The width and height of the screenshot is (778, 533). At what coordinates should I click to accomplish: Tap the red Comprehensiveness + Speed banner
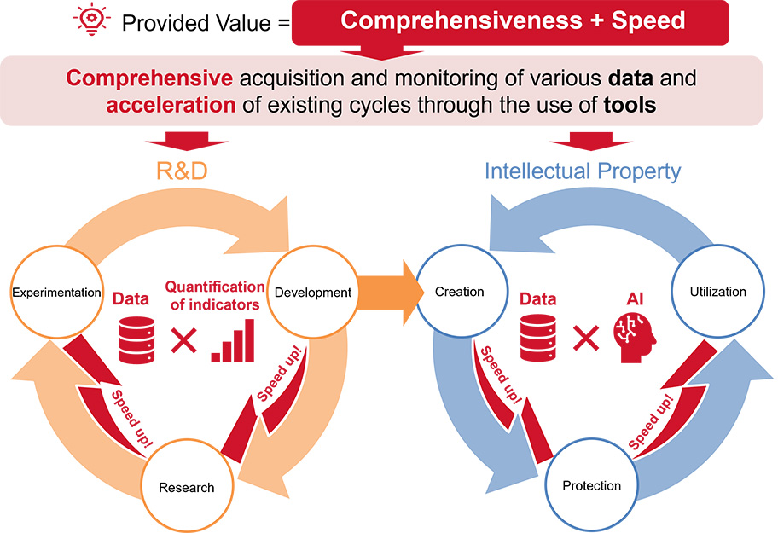[512, 21]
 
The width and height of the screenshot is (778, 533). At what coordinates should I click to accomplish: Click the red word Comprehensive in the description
[149, 78]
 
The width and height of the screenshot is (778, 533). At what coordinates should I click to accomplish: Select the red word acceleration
[170, 107]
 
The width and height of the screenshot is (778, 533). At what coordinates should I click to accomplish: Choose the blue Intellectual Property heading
[583, 171]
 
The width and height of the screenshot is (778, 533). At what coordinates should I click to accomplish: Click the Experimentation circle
[57, 293]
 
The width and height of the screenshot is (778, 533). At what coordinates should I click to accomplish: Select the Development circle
[313, 293]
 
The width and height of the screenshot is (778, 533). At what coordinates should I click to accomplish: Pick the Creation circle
[459, 293]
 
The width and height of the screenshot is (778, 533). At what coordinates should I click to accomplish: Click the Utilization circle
[717, 293]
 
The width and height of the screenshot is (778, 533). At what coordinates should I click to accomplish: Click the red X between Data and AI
[585, 339]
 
